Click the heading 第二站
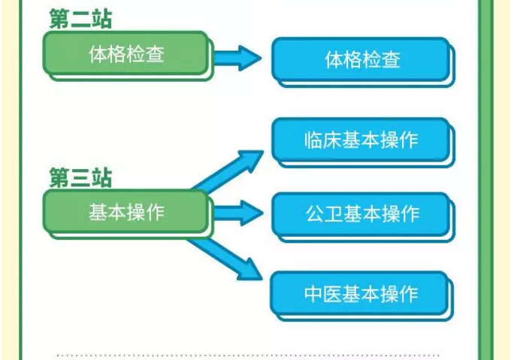click(80, 18)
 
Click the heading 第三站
click(80, 178)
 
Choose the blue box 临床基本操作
click(361, 141)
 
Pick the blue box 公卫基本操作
click(361, 214)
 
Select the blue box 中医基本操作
click(361, 292)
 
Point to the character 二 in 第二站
click(80, 18)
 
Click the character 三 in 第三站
click(80, 178)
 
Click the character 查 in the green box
click(154, 54)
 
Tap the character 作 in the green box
click(154, 212)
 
